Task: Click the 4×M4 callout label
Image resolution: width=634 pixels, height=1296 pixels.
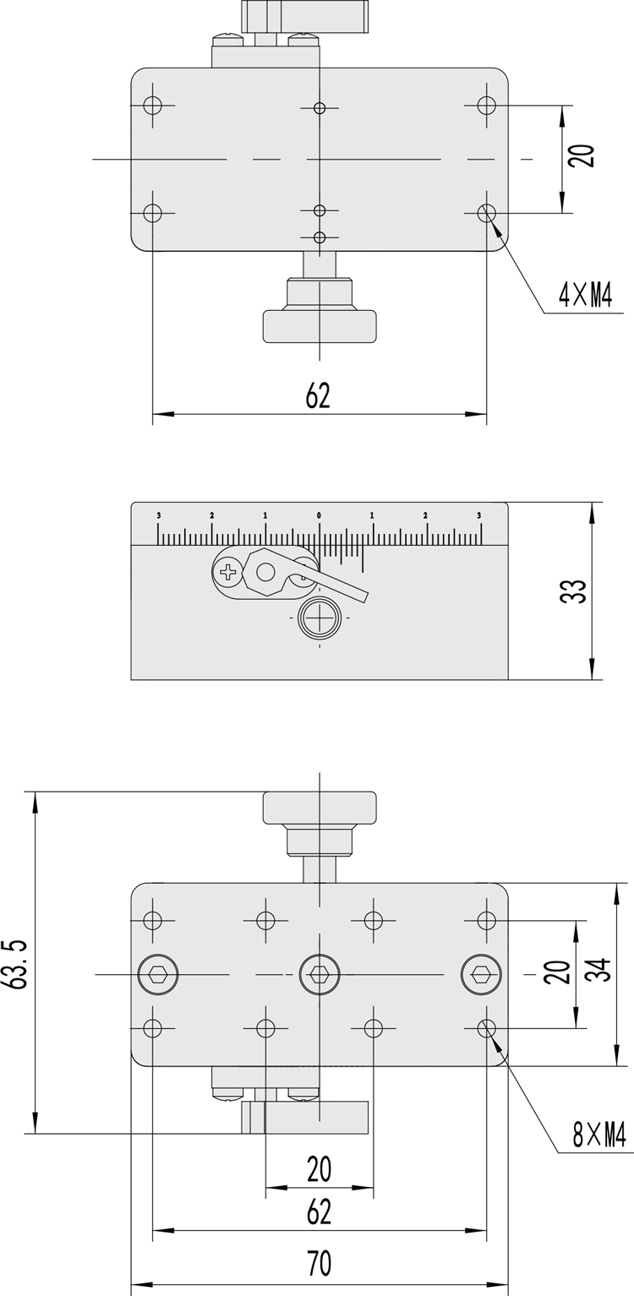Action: click(x=584, y=296)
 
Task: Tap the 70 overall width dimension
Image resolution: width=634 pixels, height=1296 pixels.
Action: click(x=319, y=1264)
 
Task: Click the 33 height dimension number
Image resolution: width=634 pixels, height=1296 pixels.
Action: click(x=573, y=591)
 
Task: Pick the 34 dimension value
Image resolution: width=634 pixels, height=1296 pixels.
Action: click(x=601, y=973)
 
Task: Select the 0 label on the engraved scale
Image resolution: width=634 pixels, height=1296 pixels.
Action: click(x=319, y=515)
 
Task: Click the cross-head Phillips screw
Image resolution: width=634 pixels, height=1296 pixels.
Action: click(x=228, y=573)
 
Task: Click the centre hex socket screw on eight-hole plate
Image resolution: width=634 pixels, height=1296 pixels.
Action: click(x=319, y=974)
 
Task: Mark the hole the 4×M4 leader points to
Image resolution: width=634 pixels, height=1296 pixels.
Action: click(x=486, y=212)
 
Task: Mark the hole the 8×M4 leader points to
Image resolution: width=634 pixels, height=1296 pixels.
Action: click(x=486, y=1028)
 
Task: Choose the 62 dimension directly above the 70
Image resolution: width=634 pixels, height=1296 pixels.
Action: click(x=319, y=1212)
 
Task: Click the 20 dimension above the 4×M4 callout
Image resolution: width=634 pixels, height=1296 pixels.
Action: click(x=583, y=155)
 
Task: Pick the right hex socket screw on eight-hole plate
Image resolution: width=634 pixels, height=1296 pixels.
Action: click(x=480, y=974)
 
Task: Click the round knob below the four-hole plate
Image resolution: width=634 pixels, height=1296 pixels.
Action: click(x=320, y=326)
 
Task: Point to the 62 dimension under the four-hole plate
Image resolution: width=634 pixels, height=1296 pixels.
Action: click(x=318, y=395)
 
